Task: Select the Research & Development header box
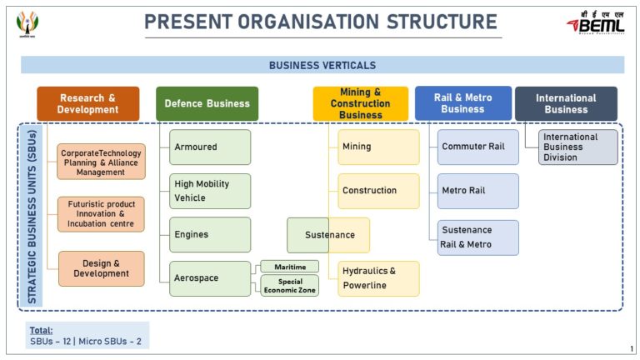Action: [87, 103]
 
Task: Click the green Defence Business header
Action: [207, 103]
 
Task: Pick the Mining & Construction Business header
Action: [361, 103]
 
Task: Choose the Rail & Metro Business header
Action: [462, 103]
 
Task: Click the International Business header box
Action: [566, 103]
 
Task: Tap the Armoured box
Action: [210, 147]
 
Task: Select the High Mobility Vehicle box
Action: [210, 191]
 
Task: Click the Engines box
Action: [210, 235]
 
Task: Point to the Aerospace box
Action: [210, 278]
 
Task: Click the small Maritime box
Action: [289, 267]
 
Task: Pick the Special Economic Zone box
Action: [289, 286]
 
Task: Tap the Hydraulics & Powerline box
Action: [378, 278]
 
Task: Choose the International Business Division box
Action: [578, 147]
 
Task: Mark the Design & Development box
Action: [101, 268]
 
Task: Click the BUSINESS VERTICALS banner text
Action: [322, 65]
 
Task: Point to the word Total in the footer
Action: [41, 330]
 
